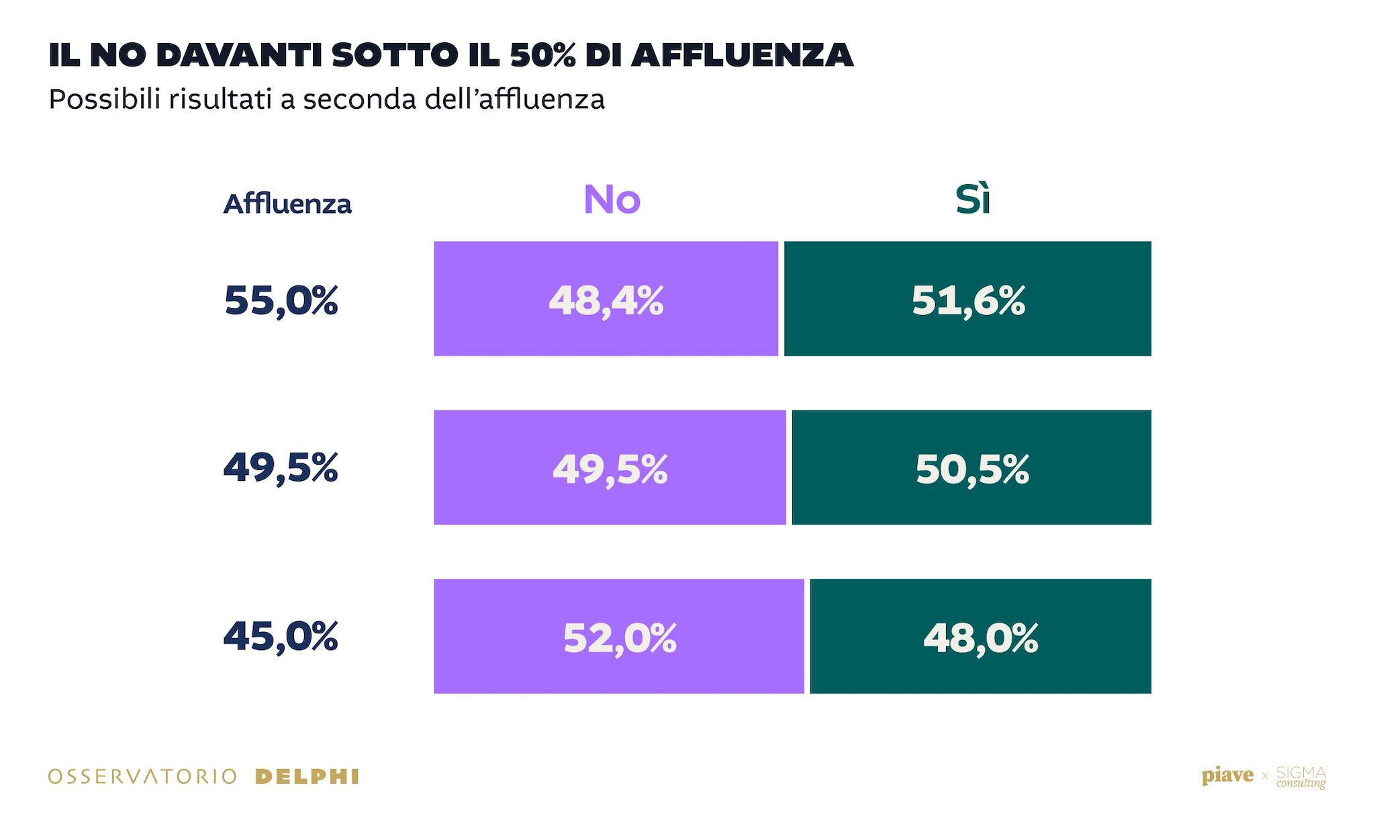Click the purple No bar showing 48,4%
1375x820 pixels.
[x=606, y=299]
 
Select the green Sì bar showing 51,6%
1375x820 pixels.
[x=967, y=299]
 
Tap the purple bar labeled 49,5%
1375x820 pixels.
[x=610, y=467]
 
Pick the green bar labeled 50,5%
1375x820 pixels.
[x=971, y=467]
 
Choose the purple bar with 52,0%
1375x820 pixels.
[x=618, y=636]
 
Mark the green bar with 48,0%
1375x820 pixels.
[x=980, y=636]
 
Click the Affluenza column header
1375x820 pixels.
[x=287, y=203]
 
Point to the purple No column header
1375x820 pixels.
[x=612, y=199]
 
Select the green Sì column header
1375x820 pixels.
[x=973, y=199]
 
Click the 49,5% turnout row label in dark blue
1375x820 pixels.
[x=281, y=468]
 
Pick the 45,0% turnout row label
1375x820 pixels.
[x=281, y=637]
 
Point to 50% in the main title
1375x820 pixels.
[x=542, y=55]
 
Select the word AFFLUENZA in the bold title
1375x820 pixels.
[x=742, y=55]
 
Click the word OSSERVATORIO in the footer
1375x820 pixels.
[x=142, y=777]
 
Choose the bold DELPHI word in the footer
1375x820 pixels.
[x=307, y=777]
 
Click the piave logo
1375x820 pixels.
[x=1227, y=776]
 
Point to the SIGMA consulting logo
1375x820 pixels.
[x=1301, y=777]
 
